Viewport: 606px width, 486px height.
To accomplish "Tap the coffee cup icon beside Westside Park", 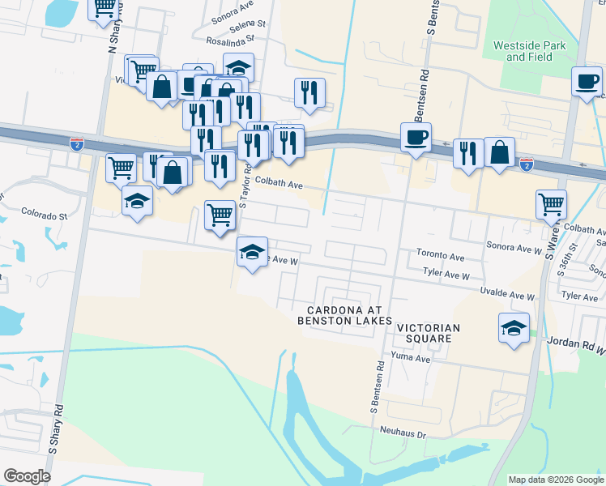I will pos(587,82).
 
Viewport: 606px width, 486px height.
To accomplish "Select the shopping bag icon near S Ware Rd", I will pos(500,152).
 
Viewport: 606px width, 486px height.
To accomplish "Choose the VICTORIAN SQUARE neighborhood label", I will pos(429,333).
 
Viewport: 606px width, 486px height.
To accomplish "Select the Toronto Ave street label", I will pos(441,257).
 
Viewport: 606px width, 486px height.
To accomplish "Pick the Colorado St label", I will pos(45,216).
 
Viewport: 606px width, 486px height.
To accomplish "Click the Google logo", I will pos(26,476).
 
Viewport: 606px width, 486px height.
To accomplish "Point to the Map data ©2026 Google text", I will pos(555,480).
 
